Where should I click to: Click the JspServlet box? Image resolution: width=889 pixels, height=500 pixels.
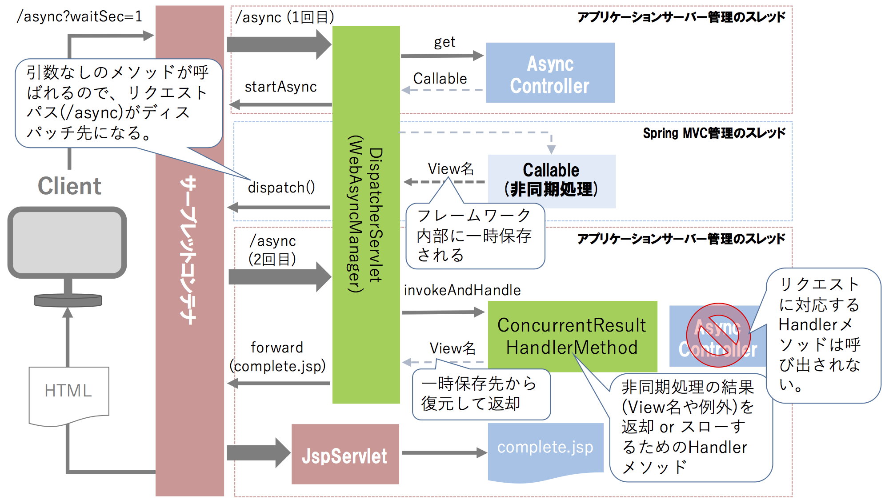pos(345,454)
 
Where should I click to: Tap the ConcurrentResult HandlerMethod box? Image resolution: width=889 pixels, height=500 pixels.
pos(572,336)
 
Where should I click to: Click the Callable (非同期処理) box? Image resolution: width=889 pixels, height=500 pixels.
pos(551,181)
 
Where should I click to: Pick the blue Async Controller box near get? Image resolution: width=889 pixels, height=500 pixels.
pos(550,73)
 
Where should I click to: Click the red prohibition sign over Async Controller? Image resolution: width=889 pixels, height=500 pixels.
pos(718,335)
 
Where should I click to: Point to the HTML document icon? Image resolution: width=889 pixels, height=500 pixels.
pos(68,393)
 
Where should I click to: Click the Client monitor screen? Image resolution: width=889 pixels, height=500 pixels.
pos(67,242)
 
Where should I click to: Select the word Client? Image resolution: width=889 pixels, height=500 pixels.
pos(69,186)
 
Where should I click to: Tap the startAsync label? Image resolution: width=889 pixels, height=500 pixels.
pos(280,87)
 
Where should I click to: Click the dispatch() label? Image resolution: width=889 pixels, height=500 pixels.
pos(281,188)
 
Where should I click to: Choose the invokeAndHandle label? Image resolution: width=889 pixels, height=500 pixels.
pos(462,290)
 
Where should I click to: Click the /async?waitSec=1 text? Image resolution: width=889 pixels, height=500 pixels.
pos(79,16)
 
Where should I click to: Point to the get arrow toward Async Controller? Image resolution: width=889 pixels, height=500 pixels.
pos(442,56)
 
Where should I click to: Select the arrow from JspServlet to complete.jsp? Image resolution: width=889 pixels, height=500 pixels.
pos(444,453)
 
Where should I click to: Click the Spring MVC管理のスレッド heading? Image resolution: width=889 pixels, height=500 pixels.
pos(714,133)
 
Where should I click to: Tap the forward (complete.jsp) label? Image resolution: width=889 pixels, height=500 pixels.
pos(277,356)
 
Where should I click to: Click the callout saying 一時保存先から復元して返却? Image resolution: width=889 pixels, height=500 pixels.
pos(481,394)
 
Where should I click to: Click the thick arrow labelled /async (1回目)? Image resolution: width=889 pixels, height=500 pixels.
pos(279,44)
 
